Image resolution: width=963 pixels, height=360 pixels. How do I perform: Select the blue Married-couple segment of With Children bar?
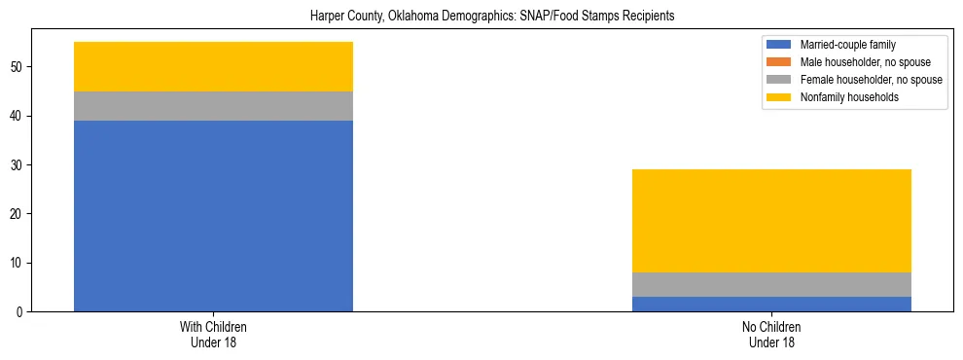[x=213, y=215]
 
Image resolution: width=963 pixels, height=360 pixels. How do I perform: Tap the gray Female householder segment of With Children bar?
[x=213, y=106]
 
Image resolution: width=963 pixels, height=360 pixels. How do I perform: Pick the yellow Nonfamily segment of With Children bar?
[x=213, y=66]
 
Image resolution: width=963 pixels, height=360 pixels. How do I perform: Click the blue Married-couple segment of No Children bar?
[x=771, y=304]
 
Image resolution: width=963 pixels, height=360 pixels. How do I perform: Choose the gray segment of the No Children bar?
[x=771, y=284]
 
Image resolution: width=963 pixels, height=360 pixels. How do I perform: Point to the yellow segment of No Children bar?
[x=771, y=221]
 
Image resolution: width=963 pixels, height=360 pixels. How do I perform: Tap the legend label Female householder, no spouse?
[x=871, y=80]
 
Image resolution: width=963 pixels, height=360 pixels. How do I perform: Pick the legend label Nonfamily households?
[x=847, y=97]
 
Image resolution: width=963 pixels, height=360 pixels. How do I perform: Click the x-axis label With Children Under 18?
[x=213, y=335]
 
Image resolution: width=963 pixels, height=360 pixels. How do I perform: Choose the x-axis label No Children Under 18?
[x=771, y=335]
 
